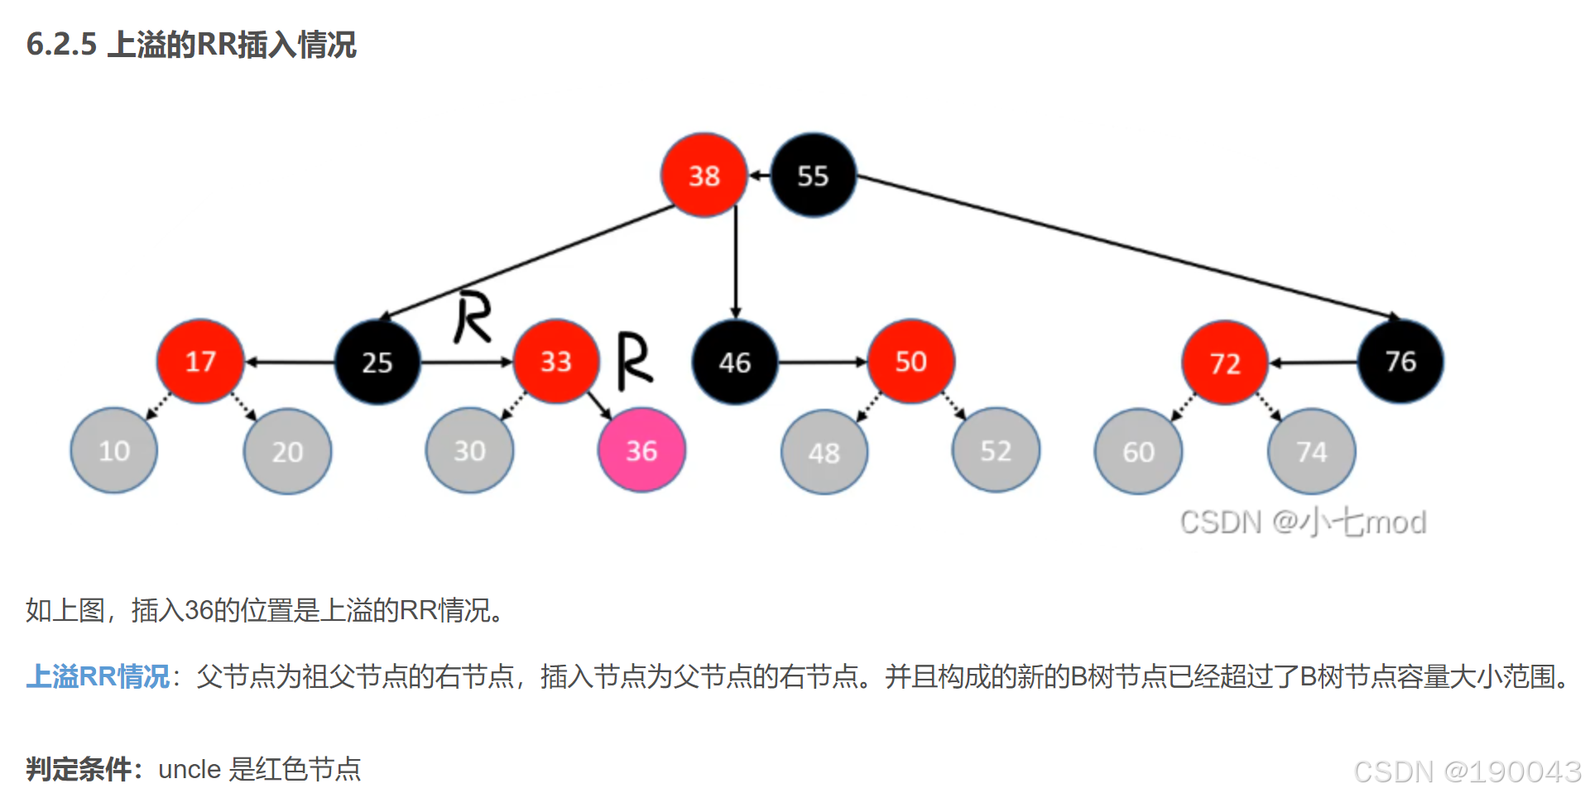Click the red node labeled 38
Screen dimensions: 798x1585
pyautogui.click(x=704, y=175)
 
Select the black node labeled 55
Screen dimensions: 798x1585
pyautogui.click(x=813, y=175)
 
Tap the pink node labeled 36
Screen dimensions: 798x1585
pyautogui.click(x=641, y=450)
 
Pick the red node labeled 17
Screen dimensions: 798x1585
pyautogui.click(x=200, y=362)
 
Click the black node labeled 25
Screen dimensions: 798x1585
pyautogui.click(x=377, y=362)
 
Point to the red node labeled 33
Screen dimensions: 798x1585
pyautogui.click(x=556, y=362)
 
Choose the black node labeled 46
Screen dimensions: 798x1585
pyautogui.click(x=735, y=362)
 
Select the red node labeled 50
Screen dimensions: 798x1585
pyautogui.click(x=910, y=362)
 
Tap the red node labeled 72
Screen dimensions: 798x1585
pyautogui.click(x=1225, y=363)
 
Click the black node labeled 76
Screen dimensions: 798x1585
pyautogui.click(x=1400, y=362)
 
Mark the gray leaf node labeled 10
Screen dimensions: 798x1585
pyautogui.click(x=114, y=450)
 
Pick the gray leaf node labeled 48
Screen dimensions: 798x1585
pyautogui.click(x=824, y=452)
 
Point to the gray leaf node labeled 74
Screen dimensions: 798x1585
pyautogui.click(x=1311, y=451)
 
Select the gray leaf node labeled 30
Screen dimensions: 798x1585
pyautogui.click(x=469, y=450)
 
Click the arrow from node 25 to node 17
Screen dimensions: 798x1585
pyautogui.click(x=290, y=362)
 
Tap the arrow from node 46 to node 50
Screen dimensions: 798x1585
pyautogui.click(x=822, y=362)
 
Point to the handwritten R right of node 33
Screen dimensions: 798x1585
pyautogui.click(x=634, y=361)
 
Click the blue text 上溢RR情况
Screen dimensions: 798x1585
pyautogui.click(x=98, y=676)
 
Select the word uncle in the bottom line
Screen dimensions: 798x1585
pyautogui.click(x=190, y=769)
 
